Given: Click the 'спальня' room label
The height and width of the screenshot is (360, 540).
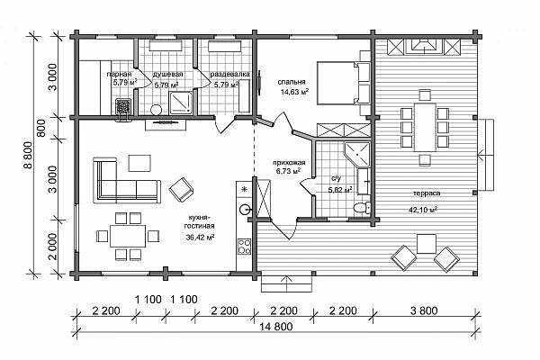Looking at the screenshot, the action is point(292,82).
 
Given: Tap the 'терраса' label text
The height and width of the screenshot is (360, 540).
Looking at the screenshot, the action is point(427,193).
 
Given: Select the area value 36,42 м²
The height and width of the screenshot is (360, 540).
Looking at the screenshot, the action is point(200,237).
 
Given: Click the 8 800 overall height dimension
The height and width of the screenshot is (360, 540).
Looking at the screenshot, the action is point(29,155).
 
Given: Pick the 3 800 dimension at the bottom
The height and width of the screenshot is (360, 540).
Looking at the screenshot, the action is point(424,310).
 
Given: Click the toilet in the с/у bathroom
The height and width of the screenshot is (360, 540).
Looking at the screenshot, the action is point(362,208).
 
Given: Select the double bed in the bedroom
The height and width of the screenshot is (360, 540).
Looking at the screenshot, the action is point(339,83).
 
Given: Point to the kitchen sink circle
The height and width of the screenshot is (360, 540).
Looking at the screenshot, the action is point(245,209).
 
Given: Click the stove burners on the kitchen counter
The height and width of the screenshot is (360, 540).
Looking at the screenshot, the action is point(244,247).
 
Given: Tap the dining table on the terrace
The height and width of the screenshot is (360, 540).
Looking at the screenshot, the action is point(425,127).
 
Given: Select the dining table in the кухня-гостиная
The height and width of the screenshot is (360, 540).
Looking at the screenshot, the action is point(128,236).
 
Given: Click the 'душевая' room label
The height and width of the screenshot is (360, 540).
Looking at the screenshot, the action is point(167,74).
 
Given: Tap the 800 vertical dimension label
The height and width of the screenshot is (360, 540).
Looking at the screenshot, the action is point(41,128).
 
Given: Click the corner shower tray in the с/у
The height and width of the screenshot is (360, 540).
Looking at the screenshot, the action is point(357,153).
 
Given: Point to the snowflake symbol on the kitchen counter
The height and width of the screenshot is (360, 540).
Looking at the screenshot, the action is point(245,189).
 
